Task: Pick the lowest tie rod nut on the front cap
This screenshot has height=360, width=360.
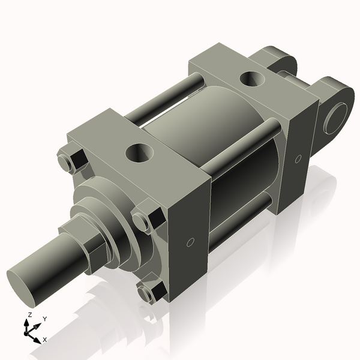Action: click(x=149, y=293)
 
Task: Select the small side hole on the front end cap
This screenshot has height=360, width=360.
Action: click(x=189, y=242)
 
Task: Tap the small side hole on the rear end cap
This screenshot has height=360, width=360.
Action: click(x=298, y=160)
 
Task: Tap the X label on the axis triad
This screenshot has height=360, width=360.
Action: click(x=45, y=340)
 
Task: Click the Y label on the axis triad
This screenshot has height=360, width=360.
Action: click(x=44, y=318)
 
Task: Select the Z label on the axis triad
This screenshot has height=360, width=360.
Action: click(x=29, y=314)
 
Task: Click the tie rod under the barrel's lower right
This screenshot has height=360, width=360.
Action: click(x=240, y=228)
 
